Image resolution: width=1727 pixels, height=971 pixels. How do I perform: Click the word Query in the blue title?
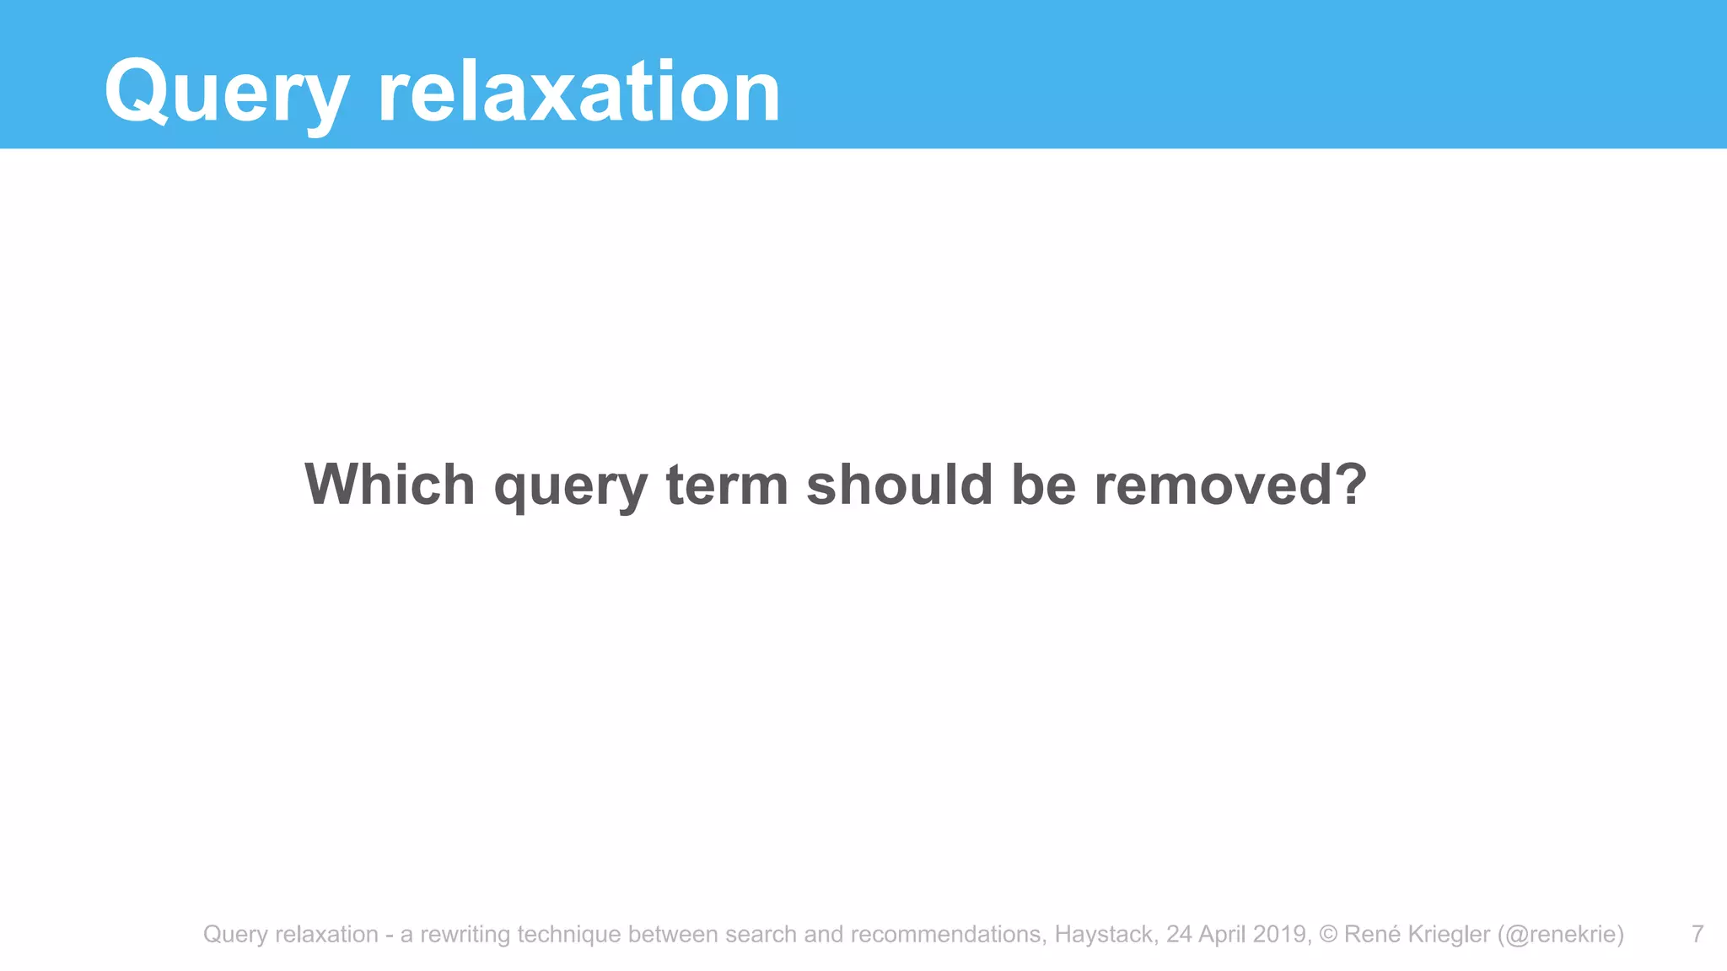pyautogui.click(x=226, y=93)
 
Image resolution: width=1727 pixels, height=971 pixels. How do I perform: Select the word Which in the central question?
pyautogui.click(x=390, y=485)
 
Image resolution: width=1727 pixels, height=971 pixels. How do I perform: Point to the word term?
pyautogui.click(x=727, y=485)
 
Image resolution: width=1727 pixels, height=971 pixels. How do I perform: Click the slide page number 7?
pyautogui.click(x=1697, y=934)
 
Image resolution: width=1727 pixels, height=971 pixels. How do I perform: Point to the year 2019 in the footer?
pyautogui.click(x=1282, y=934)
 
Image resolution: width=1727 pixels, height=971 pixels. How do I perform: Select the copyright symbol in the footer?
pyautogui.click(x=1329, y=934)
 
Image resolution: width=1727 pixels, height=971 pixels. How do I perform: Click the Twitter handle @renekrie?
pyautogui.click(x=1560, y=935)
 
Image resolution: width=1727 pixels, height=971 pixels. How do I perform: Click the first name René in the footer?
pyautogui.click(x=1371, y=934)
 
